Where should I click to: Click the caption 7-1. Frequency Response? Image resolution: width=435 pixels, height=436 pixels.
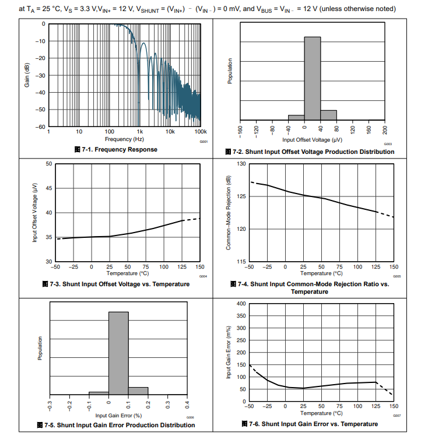(116, 149)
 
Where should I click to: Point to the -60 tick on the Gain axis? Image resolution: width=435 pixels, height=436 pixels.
(41, 126)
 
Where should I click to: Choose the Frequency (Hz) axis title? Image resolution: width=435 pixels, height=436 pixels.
(124, 139)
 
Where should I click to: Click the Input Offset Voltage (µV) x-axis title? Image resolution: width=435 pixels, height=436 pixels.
(312, 140)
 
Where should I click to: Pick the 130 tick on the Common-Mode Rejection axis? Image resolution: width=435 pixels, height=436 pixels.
(241, 164)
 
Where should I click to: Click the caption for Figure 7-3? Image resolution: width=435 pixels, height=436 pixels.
(116, 284)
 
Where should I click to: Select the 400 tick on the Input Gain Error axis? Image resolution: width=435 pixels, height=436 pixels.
(241, 304)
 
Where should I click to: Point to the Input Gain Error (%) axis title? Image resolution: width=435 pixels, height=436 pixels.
(119, 415)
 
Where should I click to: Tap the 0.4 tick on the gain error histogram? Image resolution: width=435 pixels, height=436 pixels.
(187, 403)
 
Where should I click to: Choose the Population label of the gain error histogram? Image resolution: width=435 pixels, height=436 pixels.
(40, 349)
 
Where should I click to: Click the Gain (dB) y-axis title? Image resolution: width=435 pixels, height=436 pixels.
(27, 75)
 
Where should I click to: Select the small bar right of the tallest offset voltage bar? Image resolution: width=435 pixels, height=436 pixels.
(329, 114)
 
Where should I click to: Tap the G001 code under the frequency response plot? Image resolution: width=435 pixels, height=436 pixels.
(204, 142)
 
